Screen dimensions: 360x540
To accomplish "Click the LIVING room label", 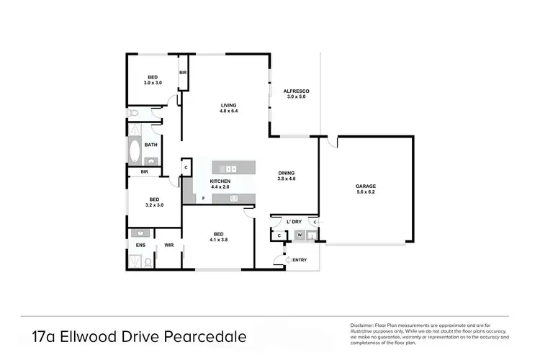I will [228, 105].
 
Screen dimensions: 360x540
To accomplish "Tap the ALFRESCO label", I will [296, 91].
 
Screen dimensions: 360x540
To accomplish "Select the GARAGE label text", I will [367, 186].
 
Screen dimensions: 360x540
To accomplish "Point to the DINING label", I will [287, 173].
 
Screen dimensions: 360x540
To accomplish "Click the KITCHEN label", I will [220, 181].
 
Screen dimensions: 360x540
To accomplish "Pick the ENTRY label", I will [300, 260].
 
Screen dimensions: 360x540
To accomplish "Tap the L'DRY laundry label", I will [293, 221].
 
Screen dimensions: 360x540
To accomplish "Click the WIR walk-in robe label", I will [169, 246].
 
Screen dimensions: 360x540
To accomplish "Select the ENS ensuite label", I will [140, 246].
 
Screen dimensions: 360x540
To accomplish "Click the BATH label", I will [150, 145].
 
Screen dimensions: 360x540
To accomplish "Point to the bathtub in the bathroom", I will [135, 151].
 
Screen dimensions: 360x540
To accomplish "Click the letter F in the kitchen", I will [204, 197].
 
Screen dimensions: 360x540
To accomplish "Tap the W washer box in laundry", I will [299, 235].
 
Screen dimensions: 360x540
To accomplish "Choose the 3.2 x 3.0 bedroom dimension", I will [154, 205].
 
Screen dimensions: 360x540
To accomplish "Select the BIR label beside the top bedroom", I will [183, 73].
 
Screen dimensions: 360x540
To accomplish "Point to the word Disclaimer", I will [362, 325].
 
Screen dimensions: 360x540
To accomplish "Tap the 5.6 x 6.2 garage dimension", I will [367, 192].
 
